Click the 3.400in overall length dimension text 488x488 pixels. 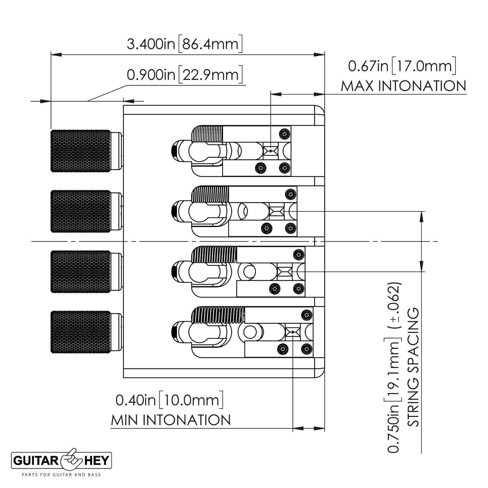(x=185, y=44)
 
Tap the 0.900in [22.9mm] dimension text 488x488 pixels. (x=185, y=75)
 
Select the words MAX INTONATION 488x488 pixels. (x=404, y=86)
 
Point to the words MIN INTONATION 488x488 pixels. (x=171, y=420)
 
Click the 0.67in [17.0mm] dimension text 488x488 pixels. (x=402, y=66)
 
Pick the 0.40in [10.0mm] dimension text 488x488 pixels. (x=169, y=400)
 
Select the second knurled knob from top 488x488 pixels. (x=81, y=211)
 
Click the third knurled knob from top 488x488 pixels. (x=81, y=271)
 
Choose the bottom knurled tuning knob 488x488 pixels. (x=81, y=332)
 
